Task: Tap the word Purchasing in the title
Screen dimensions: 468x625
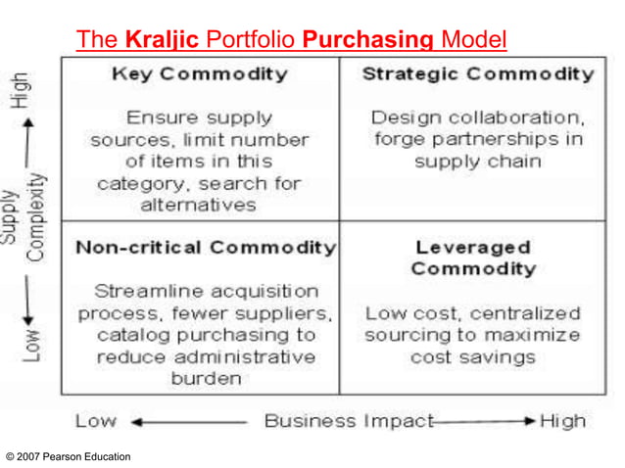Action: (368, 40)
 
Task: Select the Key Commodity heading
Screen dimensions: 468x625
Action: (200, 74)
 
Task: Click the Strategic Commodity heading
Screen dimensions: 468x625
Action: (478, 74)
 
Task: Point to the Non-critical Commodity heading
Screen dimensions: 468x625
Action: (206, 247)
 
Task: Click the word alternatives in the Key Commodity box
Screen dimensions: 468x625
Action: (199, 206)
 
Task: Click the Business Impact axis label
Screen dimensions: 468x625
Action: (348, 422)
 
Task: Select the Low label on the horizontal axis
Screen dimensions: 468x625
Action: (95, 423)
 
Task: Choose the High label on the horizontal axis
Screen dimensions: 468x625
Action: (562, 422)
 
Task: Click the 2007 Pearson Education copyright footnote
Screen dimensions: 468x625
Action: (68, 456)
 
